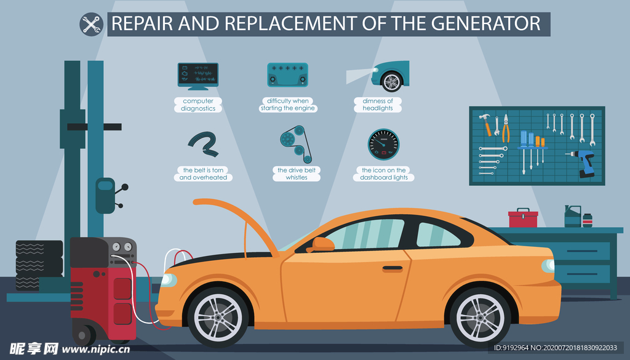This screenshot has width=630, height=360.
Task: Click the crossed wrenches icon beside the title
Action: coord(92,24)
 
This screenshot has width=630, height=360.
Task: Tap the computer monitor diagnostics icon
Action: coord(197,74)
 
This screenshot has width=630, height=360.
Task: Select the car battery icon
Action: coord(287,74)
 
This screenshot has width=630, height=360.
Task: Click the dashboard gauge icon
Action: coord(383,143)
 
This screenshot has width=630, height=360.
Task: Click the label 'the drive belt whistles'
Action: coord(296,174)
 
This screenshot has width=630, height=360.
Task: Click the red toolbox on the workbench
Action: coord(523,218)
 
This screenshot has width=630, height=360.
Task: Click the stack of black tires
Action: coord(38,265)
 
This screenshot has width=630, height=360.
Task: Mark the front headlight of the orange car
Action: coord(167,280)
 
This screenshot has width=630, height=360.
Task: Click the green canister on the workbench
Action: coord(572,216)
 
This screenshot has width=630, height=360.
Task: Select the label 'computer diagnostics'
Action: coord(198,105)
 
